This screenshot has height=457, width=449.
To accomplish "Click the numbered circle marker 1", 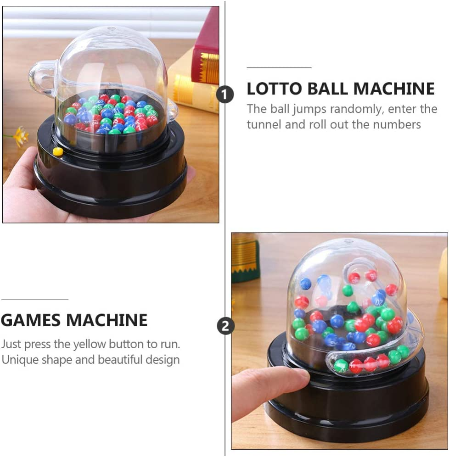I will point(225,95).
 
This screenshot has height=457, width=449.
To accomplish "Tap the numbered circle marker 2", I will point(225,326).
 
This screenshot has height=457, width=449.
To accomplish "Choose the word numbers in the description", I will point(397,124).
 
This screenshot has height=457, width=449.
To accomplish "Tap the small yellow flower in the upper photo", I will point(20,135).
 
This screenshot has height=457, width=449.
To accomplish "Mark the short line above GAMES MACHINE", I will point(34,300).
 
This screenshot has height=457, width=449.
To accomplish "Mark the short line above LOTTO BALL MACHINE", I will point(279,68).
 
